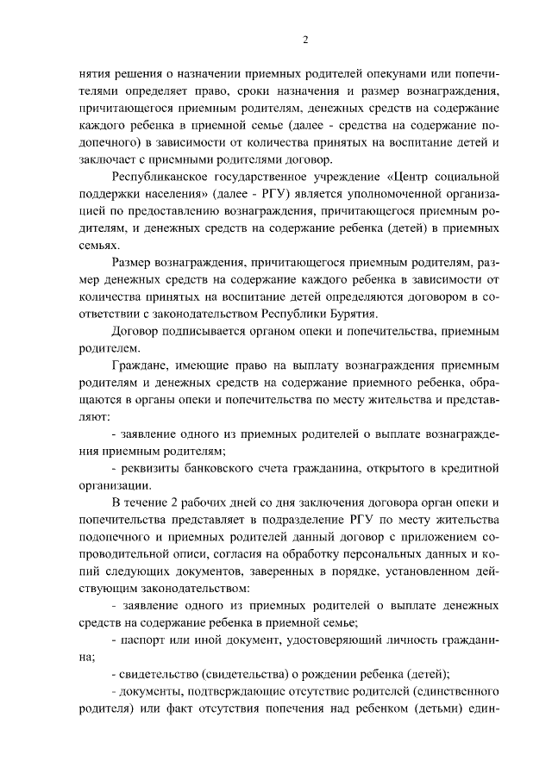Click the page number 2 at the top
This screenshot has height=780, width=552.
281,39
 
